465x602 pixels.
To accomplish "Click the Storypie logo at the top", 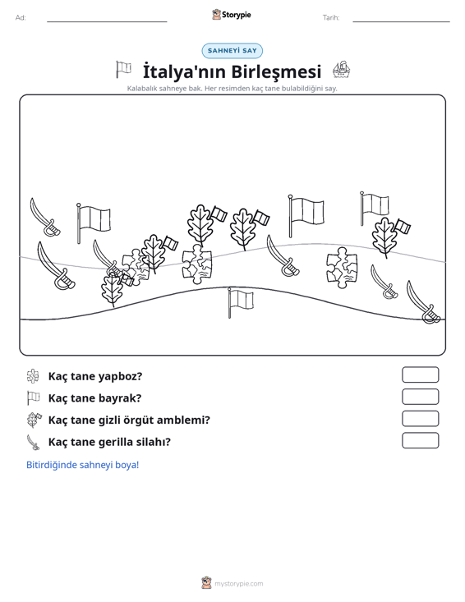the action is (x=232, y=15).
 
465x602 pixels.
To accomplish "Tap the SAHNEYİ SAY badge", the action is (x=232, y=51).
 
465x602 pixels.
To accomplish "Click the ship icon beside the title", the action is (x=342, y=70).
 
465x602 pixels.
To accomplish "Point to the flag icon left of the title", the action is (x=123, y=70).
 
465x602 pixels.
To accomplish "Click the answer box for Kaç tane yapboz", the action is (x=421, y=375).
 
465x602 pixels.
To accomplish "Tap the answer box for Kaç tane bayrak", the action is (x=421, y=397).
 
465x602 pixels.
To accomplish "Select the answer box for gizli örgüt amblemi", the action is (x=421, y=419).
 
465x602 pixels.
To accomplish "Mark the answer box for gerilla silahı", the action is (x=421, y=440).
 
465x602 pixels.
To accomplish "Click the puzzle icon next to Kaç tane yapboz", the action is (x=33, y=376).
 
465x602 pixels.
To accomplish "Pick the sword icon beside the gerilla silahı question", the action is (x=33, y=442).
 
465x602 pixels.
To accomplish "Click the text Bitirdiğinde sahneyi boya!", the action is (x=82, y=465).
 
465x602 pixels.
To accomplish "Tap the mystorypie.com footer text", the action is (x=239, y=584).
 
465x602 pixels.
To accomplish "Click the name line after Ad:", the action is (x=107, y=21).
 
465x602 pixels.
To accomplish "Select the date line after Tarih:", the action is (x=401, y=21).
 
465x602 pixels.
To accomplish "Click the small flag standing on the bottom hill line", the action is (x=241, y=302).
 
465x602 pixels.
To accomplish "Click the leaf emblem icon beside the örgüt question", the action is (x=34, y=420).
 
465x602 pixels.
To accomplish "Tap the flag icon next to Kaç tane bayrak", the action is (x=33, y=398).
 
